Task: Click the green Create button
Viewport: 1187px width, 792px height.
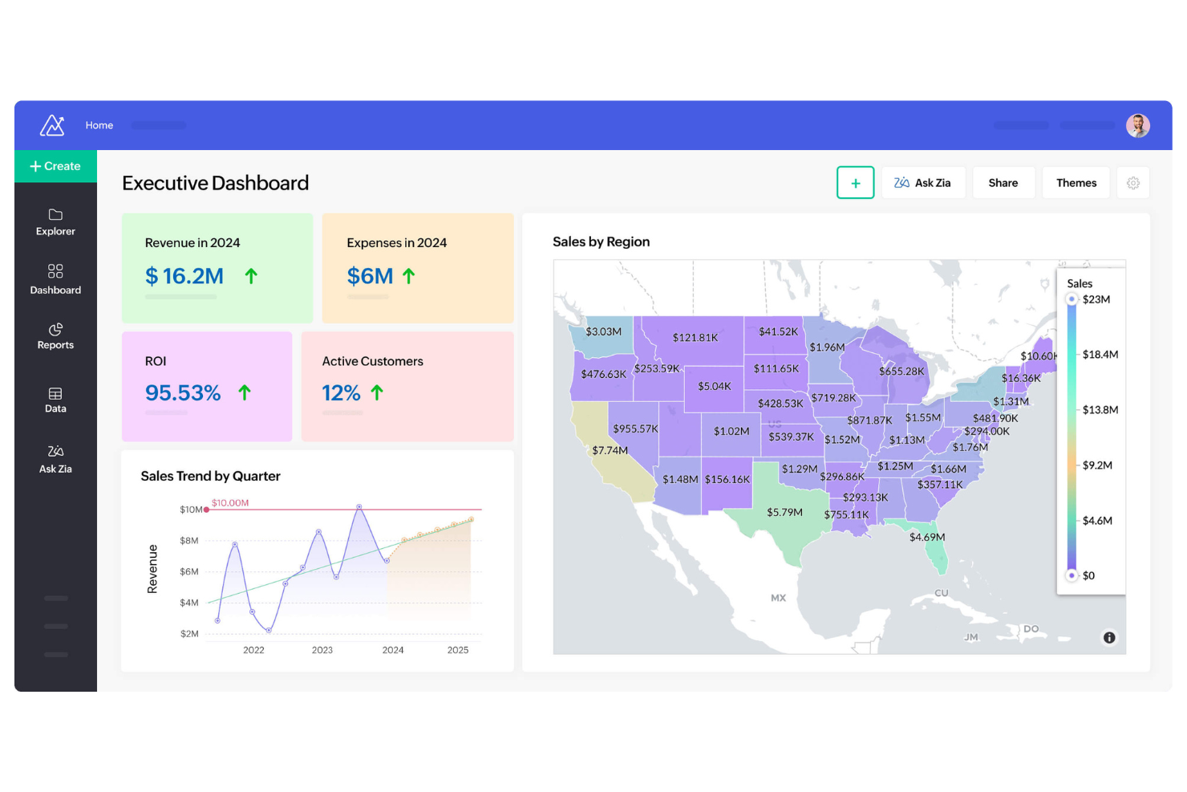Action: coord(55,166)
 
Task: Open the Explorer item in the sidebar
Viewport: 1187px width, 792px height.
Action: coord(55,222)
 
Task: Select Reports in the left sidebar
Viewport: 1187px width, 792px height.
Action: coord(55,336)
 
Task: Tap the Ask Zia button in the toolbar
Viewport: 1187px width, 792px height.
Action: coord(922,183)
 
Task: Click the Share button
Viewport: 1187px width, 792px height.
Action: coord(1003,183)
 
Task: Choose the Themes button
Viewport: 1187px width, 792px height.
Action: coord(1076,183)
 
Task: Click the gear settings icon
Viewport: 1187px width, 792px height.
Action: coord(1132,183)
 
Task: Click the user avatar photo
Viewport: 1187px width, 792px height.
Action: coord(1137,125)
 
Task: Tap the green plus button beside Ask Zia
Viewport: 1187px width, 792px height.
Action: coord(855,183)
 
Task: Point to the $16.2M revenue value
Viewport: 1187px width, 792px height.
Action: coord(184,276)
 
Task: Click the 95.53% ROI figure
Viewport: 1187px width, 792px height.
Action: coord(183,393)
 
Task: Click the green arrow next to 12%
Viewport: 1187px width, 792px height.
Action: coord(377,392)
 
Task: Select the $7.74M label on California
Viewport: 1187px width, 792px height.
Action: coord(610,450)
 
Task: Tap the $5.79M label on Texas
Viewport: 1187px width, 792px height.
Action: coord(784,512)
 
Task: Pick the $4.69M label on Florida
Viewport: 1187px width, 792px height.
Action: coord(927,537)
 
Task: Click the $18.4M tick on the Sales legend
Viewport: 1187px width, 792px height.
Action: coord(1100,355)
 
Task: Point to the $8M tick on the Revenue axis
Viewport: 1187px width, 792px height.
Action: coord(188,541)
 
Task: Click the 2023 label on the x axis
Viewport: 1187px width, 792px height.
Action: coord(322,650)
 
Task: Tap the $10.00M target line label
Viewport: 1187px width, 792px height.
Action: coord(230,503)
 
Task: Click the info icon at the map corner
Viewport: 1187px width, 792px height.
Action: coord(1108,638)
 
